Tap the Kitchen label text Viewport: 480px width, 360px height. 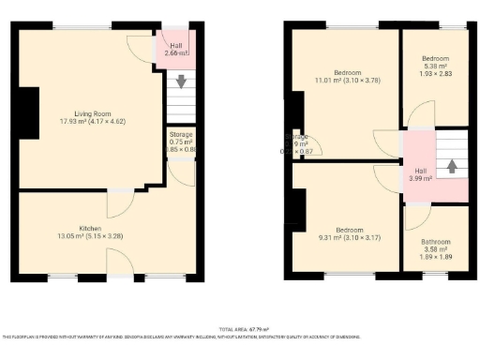(90, 228)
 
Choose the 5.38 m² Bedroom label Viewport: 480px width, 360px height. (435, 58)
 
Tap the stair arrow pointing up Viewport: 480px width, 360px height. (452, 166)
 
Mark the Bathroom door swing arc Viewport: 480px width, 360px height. (416, 217)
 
